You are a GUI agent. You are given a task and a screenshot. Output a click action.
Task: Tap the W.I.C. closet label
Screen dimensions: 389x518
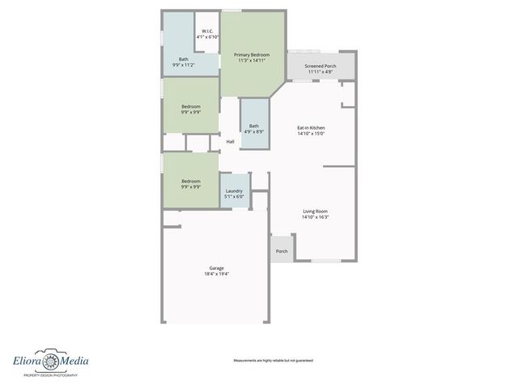[207, 31]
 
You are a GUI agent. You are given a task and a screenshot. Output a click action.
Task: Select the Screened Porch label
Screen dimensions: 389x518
[321, 66]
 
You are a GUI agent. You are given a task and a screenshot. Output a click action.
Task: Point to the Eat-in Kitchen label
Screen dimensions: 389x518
[311, 128]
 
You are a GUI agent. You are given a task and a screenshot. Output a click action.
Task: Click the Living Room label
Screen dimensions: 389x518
[315, 211]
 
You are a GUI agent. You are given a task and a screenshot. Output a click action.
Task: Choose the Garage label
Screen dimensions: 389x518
[216, 268]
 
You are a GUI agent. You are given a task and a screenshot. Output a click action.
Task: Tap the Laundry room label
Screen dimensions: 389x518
[234, 190]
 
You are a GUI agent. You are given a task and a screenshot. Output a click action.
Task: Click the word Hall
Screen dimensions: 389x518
[231, 142]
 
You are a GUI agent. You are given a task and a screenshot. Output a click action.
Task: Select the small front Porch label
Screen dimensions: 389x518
[282, 251]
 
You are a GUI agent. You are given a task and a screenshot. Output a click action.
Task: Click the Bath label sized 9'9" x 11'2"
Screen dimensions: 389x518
[184, 58]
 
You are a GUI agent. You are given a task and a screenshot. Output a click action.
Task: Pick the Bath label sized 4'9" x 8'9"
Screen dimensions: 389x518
[254, 126]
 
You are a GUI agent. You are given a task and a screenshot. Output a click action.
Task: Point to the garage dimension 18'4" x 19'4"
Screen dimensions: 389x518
[216, 275]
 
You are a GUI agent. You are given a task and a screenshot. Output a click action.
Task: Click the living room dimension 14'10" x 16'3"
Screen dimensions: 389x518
[315, 217]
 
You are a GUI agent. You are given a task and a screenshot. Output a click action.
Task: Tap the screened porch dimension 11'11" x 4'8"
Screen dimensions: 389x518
[321, 72]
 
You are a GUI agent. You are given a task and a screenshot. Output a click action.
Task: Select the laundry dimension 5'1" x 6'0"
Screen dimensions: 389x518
[234, 197]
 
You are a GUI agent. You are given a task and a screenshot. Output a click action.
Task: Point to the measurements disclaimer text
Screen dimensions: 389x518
[273, 361]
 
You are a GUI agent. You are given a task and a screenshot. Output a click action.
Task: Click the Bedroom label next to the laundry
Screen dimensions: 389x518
[191, 181]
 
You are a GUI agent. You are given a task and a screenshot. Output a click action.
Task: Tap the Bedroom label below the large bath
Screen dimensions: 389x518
[191, 107]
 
